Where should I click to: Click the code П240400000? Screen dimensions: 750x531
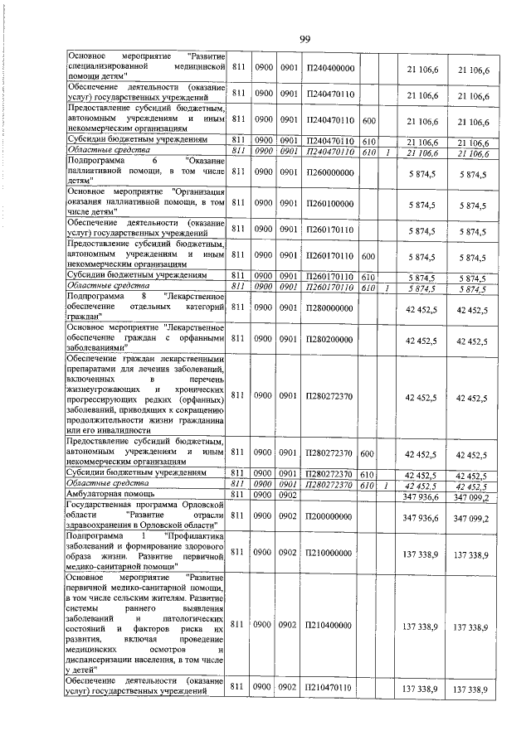(329, 68)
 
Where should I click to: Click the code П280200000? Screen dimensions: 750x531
(329, 341)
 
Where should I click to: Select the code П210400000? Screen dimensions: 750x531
(329, 625)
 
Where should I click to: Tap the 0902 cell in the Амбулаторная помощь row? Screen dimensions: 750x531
(288, 495)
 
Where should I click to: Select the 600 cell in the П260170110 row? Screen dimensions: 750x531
(369, 257)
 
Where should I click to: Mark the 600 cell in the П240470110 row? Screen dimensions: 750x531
(369, 121)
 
